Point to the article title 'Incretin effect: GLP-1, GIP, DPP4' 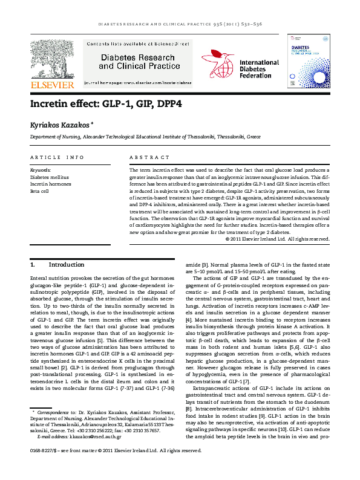pos(106,104)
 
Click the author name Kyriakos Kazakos pos(61,124)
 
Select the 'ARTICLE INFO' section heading pos(57,158)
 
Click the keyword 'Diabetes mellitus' pos(50,178)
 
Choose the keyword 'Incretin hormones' pos(51,184)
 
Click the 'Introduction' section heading pos(67,265)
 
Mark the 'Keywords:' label pos(41,171)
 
